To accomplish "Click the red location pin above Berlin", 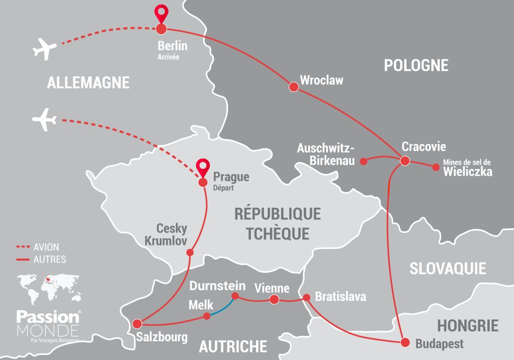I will click(x=161, y=13).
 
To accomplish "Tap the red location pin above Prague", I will click(x=203, y=167).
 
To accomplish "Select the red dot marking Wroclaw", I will click(x=294, y=87).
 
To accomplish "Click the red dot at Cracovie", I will click(x=405, y=161).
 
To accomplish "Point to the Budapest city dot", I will click(x=405, y=342).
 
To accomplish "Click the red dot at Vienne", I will click(x=274, y=300).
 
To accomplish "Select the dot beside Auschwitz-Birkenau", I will click(x=365, y=161).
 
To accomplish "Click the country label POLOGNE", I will click(x=416, y=65).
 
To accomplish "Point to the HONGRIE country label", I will click(x=467, y=325).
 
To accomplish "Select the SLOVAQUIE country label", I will click(x=448, y=268).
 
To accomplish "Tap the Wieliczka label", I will click(x=467, y=172).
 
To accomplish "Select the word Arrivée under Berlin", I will click(x=168, y=57).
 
